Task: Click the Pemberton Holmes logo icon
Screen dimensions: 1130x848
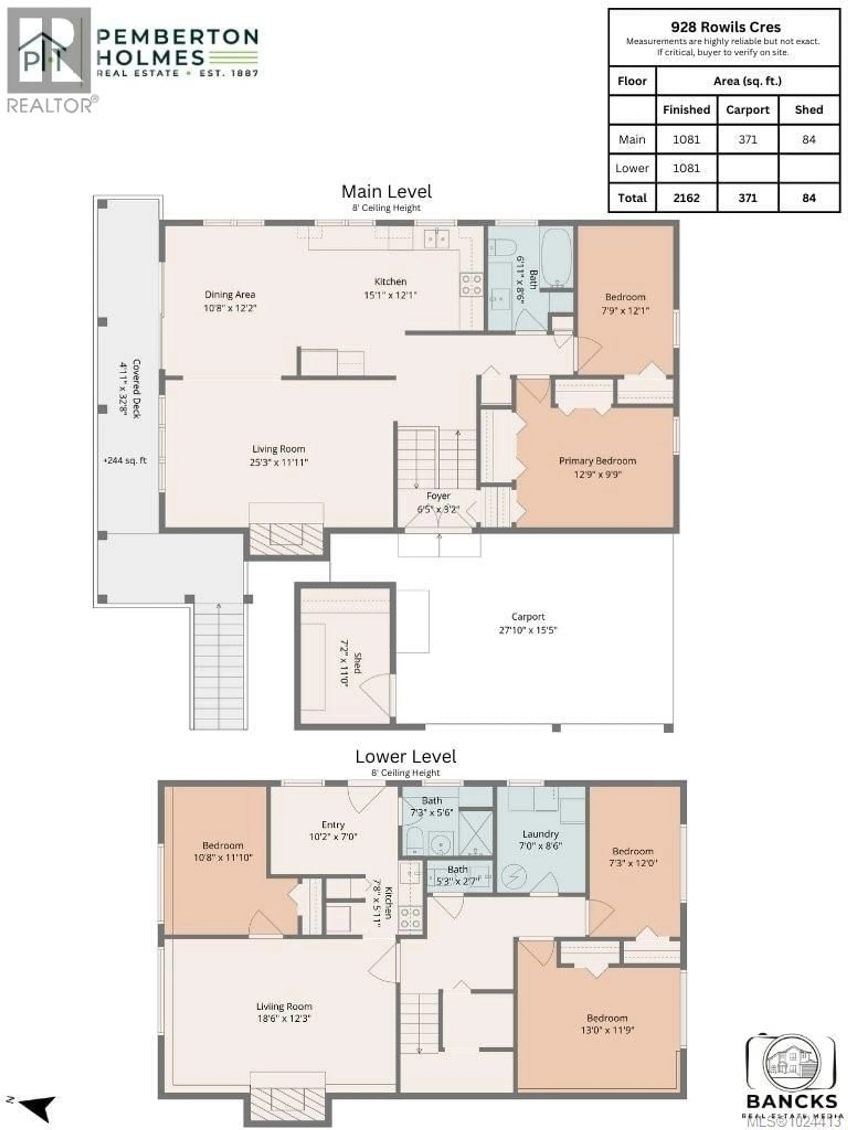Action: [x=49, y=51]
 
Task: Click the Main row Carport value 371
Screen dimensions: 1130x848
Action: [x=747, y=139]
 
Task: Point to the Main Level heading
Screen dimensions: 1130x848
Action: [x=386, y=192]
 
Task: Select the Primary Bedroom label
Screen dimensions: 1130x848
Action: [x=597, y=461]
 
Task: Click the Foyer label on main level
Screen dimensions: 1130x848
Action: [x=438, y=496]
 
